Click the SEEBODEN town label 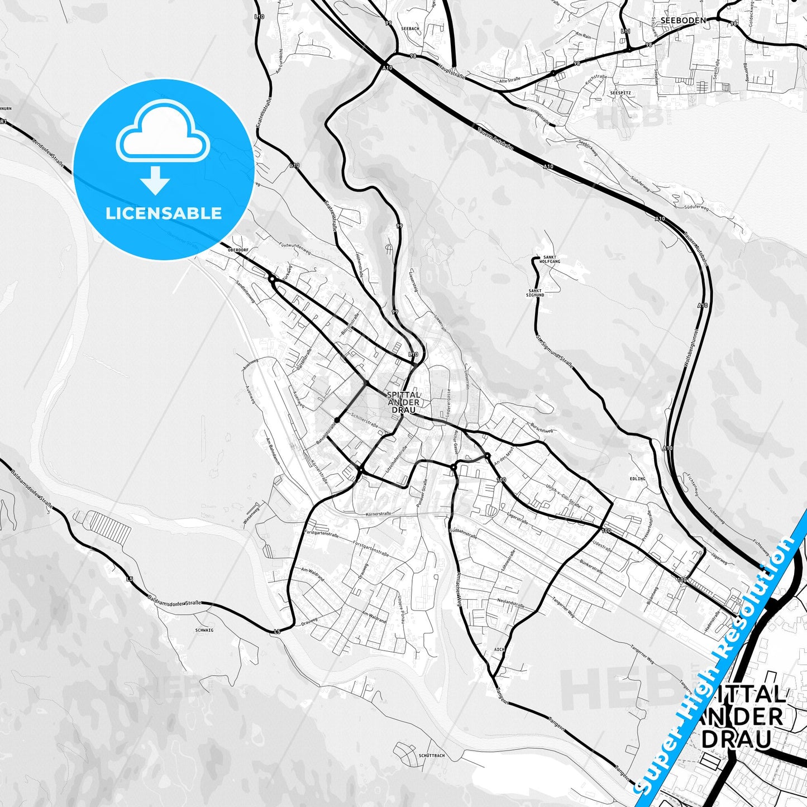682,20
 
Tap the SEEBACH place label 410,28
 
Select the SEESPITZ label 620,93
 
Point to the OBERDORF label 237,251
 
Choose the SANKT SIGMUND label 535,293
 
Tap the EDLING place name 637,479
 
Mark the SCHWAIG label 204,629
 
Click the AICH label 499,650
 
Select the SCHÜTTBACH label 431,756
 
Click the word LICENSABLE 164,213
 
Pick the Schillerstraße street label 365,420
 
